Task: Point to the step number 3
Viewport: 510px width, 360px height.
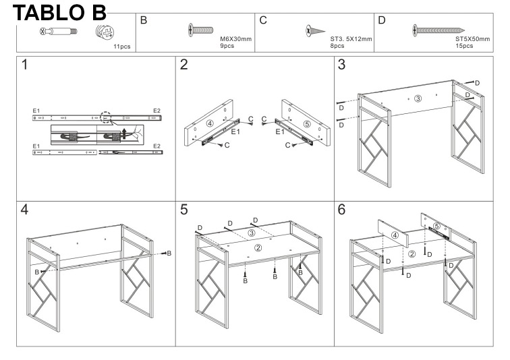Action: [x=341, y=67]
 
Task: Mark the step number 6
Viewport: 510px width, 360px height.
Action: [x=341, y=209]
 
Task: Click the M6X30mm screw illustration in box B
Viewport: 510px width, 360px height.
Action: [x=202, y=30]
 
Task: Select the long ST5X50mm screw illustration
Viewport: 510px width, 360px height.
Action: [x=438, y=30]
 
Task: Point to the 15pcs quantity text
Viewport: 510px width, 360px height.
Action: [x=465, y=46]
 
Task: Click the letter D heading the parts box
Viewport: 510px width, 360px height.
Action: [x=382, y=20]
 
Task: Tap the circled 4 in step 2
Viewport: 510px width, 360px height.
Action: [x=210, y=123]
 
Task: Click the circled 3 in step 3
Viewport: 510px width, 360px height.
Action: [x=418, y=98]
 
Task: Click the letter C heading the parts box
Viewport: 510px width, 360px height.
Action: [x=264, y=20]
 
